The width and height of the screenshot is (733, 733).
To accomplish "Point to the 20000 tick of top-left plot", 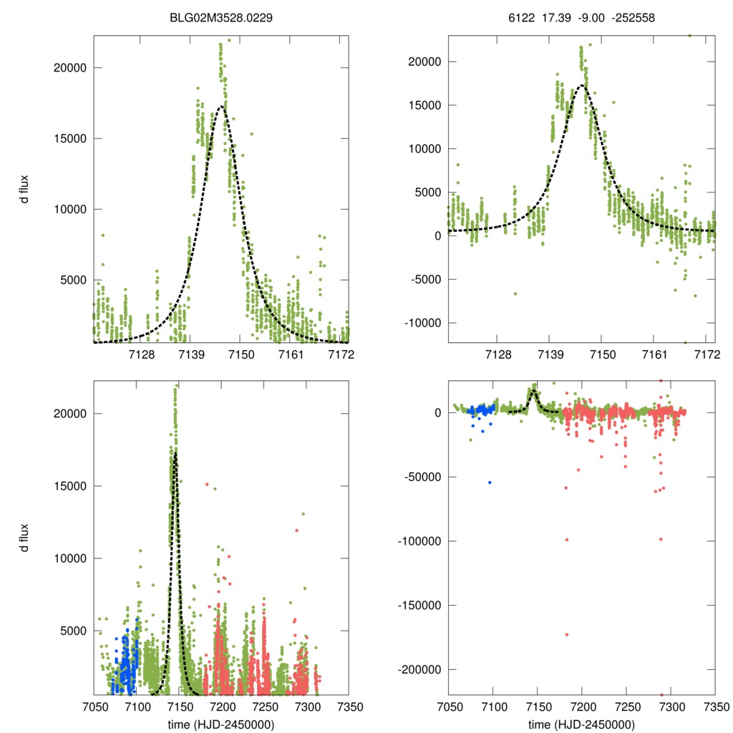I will tap(71, 68).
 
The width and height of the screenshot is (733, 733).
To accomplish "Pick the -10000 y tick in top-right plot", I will tap(421, 323).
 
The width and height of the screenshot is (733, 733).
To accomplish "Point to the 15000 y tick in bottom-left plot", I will tap(71, 486).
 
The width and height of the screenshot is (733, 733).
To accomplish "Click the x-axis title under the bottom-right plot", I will tap(582, 724).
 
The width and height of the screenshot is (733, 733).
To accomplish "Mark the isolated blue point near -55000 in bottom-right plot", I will tap(490, 482).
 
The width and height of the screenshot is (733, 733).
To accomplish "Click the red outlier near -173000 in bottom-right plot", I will tap(567, 634).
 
